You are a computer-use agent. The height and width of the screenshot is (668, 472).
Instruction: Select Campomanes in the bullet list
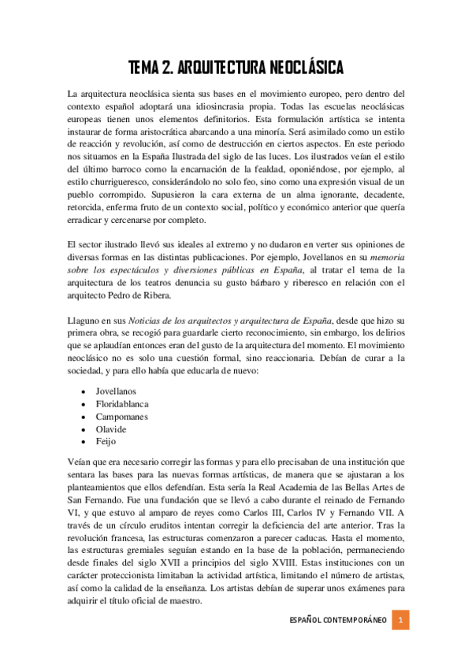click(x=122, y=416)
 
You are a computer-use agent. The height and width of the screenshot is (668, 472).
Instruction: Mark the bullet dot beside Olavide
click(x=84, y=429)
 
